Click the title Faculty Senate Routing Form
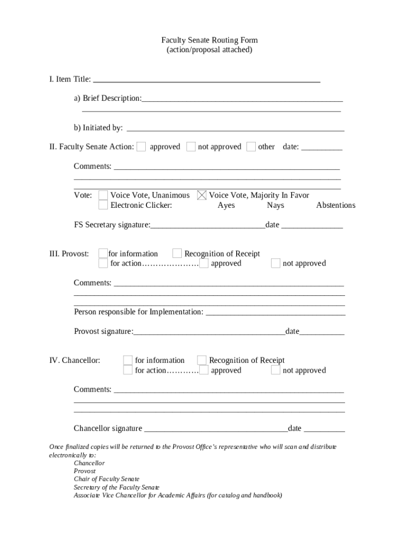209,40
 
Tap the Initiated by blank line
235,129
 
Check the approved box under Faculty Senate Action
141,146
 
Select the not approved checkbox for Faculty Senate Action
191,146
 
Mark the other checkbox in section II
251,146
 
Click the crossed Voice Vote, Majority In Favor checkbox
202,195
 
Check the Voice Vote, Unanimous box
103,195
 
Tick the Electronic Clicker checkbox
103,205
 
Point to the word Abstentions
335,205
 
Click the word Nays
275,205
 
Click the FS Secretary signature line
207,226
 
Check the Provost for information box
103,253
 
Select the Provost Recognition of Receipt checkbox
177,253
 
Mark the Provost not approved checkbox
276,263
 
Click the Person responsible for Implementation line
275,313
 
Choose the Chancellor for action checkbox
127,370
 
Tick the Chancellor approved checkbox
204,370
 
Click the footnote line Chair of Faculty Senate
107,479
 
